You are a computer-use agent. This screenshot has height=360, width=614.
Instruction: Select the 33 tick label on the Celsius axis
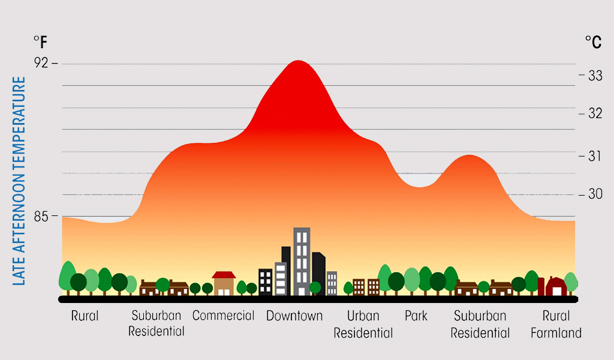pos(595,76)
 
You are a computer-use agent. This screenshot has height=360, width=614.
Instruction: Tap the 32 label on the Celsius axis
pos(595,113)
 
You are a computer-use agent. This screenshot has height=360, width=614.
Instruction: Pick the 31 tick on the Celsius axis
pos(595,156)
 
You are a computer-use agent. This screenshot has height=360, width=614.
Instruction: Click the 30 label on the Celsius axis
pos(595,194)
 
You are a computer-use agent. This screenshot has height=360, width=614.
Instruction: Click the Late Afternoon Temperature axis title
pos(19,181)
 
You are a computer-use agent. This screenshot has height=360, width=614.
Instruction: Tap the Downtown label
pos(294,316)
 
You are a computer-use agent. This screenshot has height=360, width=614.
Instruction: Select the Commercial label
pos(223,316)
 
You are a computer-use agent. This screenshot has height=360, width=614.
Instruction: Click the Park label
pos(416,316)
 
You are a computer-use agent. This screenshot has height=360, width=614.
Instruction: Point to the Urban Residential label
pos(363,325)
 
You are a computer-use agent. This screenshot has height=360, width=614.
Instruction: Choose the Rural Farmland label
pos(556,325)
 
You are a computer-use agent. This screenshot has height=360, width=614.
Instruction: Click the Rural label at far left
pos(85,316)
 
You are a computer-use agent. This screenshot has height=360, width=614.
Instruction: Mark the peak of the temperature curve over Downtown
pos(297,61)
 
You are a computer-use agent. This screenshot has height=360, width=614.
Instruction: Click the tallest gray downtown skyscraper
pos(302,261)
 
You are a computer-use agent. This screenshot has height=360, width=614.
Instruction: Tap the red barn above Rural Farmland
pos(556,286)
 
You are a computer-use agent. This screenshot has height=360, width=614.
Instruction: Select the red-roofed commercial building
pos(224,283)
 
